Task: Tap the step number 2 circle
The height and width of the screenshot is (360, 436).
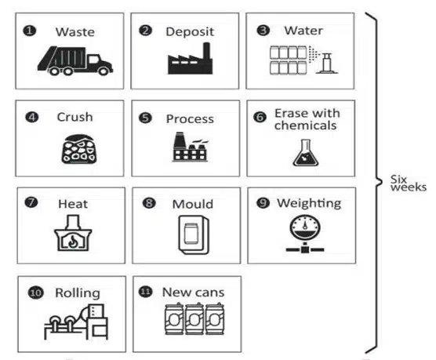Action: click(x=145, y=31)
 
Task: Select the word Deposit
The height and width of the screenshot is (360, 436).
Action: click(x=190, y=31)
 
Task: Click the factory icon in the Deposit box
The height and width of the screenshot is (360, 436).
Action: click(x=191, y=58)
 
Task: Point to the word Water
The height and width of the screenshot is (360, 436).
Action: click(x=303, y=31)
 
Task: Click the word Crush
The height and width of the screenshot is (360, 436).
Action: click(x=74, y=117)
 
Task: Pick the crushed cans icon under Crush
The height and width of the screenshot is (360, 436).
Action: click(x=78, y=149)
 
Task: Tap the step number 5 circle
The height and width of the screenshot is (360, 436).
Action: click(x=145, y=118)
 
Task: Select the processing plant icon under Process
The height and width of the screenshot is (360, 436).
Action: click(x=191, y=147)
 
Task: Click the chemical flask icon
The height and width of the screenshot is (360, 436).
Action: click(x=306, y=153)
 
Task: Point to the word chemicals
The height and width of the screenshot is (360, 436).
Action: click(x=305, y=125)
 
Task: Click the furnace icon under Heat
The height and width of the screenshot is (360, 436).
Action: click(x=73, y=233)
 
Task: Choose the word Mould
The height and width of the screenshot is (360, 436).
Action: click(x=193, y=204)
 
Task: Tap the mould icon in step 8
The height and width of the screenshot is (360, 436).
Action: click(x=194, y=235)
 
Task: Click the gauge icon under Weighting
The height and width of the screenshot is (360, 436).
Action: click(x=305, y=234)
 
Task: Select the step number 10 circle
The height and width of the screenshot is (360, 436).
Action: click(x=35, y=293)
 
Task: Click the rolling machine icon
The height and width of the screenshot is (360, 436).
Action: click(x=76, y=322)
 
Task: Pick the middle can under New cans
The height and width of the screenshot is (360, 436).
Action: click(x=194, y=319)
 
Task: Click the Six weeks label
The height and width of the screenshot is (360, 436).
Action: click(x=409, y=183)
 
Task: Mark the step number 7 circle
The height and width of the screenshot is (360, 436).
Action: click(x=31, y=202)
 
